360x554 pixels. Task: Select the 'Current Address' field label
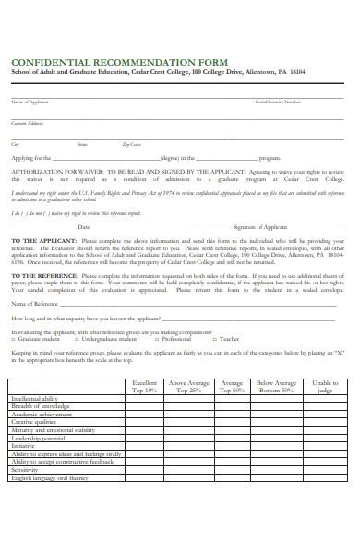pyautogui.click(x=27, y=122)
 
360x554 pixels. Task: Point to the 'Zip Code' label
pyautogui.click(x=132, y=145)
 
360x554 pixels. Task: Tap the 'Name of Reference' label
pyautogui.click(x=33, y=303)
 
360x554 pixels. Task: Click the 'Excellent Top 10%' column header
pyautogui.click(x=145, y=386)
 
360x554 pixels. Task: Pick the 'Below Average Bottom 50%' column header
pyautogui.click(x=276, y=386)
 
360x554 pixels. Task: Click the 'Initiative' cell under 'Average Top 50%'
pyautogui.click(x=232, y=446)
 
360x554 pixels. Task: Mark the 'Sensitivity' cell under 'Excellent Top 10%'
pyautogui.click(x=145, y=495)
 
